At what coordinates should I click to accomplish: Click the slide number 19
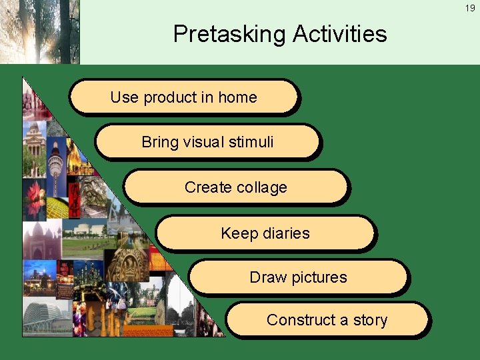point(471,8)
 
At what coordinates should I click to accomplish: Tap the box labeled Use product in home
point(183,97)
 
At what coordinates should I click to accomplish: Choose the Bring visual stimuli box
point(207,141)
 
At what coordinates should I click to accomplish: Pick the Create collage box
point(235,187)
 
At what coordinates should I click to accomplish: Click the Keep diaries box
point(265,233)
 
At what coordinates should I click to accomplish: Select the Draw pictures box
point(298,277)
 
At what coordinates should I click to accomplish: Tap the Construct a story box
point(327,320)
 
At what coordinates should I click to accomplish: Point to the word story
point(370,321)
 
